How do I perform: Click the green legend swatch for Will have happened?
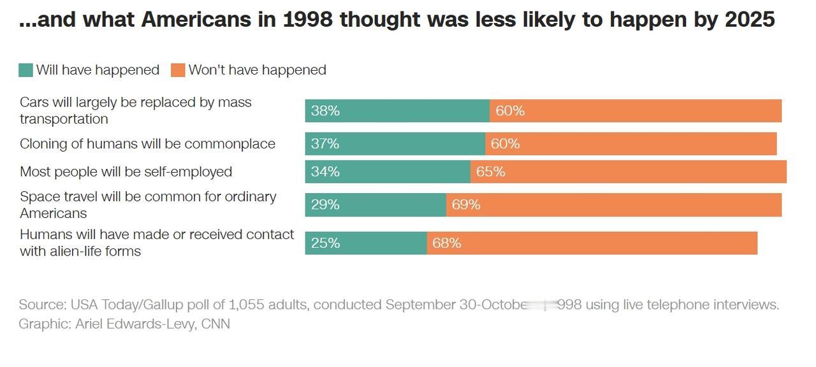point(25,70)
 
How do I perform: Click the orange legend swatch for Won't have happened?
point(178,70)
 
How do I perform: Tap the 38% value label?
point(325,111)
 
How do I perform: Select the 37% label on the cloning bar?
point(325,144)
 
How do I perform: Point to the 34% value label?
point(325,172)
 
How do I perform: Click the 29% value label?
point(325,205)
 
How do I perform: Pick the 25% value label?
point(325,243)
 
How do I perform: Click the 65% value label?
point(491,172)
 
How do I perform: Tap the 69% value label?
point(466,205)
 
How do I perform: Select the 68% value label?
point(447,243)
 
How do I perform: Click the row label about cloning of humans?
point(147,144)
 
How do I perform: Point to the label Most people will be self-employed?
point(126,172)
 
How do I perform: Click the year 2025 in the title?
point(750,20)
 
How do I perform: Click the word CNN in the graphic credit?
point(215,324)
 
